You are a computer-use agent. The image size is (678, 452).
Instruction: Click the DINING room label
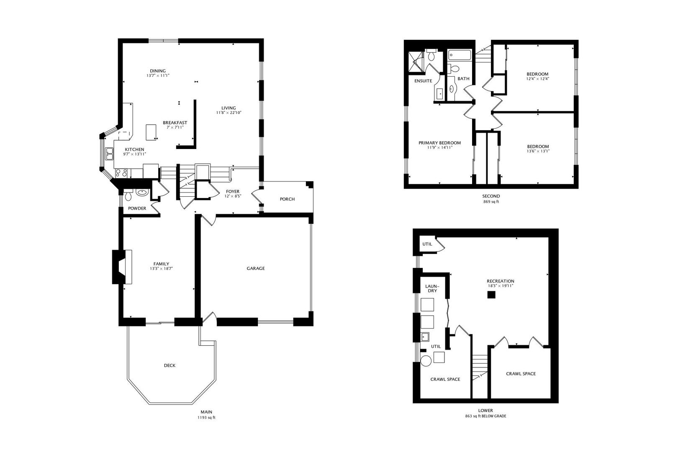(158, 71)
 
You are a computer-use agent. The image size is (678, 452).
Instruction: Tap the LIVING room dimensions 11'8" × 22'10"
(229, 113)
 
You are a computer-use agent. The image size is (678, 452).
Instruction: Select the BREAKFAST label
(175, 123)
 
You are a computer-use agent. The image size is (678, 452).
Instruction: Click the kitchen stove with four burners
(121, 173)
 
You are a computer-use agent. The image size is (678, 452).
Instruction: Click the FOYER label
(233, 191)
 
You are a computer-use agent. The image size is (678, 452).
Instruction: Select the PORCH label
(287, 199)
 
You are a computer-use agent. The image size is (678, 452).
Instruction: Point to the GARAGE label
(256, 268)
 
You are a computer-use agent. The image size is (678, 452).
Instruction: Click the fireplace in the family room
(122, 267)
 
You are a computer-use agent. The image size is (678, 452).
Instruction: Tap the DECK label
(169, 365)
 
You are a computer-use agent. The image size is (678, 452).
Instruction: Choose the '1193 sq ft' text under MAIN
(206, 418)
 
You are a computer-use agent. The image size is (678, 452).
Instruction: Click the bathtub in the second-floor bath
(460, 55)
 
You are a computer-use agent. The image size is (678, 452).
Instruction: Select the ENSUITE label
(423, 81)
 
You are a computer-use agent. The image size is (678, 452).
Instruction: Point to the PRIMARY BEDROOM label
(439, 143)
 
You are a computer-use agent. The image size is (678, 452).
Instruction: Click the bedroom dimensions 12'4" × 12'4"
(537, 78)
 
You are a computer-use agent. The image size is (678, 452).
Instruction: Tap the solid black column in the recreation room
(491, 295)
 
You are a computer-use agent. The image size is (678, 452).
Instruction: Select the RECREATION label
(500, 281)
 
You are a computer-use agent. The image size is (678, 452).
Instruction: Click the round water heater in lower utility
(426, 361)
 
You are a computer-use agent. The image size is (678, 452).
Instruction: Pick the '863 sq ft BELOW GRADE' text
(485, 416)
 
